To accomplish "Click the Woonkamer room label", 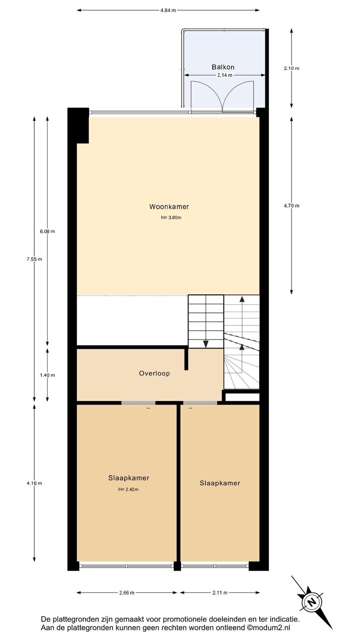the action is (169, 207).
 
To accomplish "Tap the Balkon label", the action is (223, 67).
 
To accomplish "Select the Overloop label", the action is (154, 373).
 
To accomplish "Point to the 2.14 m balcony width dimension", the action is (224, 76).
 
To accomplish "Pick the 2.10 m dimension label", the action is (292, 68).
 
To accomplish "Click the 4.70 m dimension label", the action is (292, 206).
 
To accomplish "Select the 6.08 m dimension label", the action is (47, 232).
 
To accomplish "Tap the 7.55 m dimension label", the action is (34, 260).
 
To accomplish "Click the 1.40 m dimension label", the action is (47, 375).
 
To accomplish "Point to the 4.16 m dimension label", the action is (34, 483).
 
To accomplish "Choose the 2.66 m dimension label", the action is (127, 592).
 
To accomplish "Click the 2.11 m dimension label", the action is (220, 592).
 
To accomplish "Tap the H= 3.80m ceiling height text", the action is (171, 217).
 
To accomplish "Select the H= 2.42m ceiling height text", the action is (128, 489).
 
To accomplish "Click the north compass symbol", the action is (312, 603).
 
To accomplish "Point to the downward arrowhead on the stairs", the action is (206, 344).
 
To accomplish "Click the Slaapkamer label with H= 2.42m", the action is (128, 478).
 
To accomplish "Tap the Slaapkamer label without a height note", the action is (220, 483).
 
